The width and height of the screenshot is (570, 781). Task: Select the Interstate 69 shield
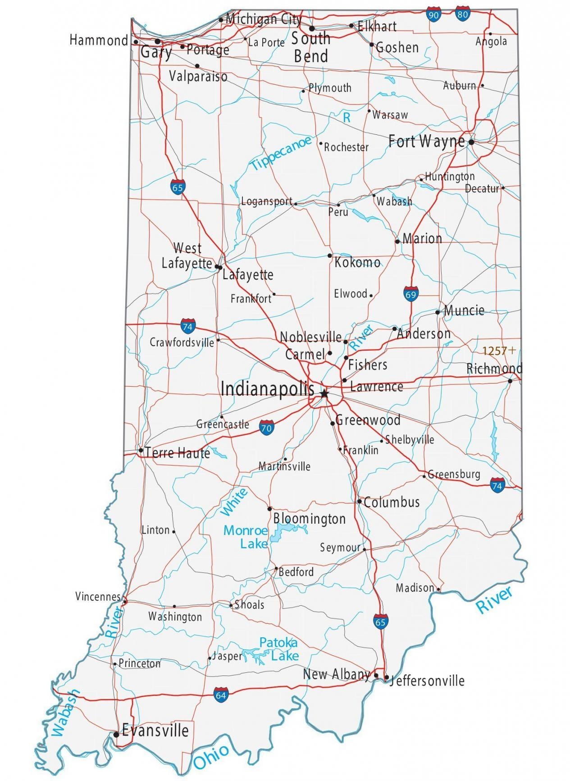410,294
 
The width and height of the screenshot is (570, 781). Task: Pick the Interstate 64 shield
221,694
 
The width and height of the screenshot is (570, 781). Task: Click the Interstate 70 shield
266,427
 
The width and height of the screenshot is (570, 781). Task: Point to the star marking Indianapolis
324,393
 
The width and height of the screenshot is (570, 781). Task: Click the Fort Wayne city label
426,142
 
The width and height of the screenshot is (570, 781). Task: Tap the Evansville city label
155,730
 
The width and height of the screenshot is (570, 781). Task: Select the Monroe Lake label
246,537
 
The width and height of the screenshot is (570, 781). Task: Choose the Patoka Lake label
278,649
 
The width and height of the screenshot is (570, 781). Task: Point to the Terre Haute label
178,452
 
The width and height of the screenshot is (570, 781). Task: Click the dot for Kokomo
330,256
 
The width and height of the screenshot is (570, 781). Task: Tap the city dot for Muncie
438,312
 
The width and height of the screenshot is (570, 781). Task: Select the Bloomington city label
309,518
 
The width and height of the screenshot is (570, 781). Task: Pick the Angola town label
491,41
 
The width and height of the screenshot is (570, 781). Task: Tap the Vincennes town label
98,597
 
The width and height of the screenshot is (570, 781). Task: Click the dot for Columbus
359,501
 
